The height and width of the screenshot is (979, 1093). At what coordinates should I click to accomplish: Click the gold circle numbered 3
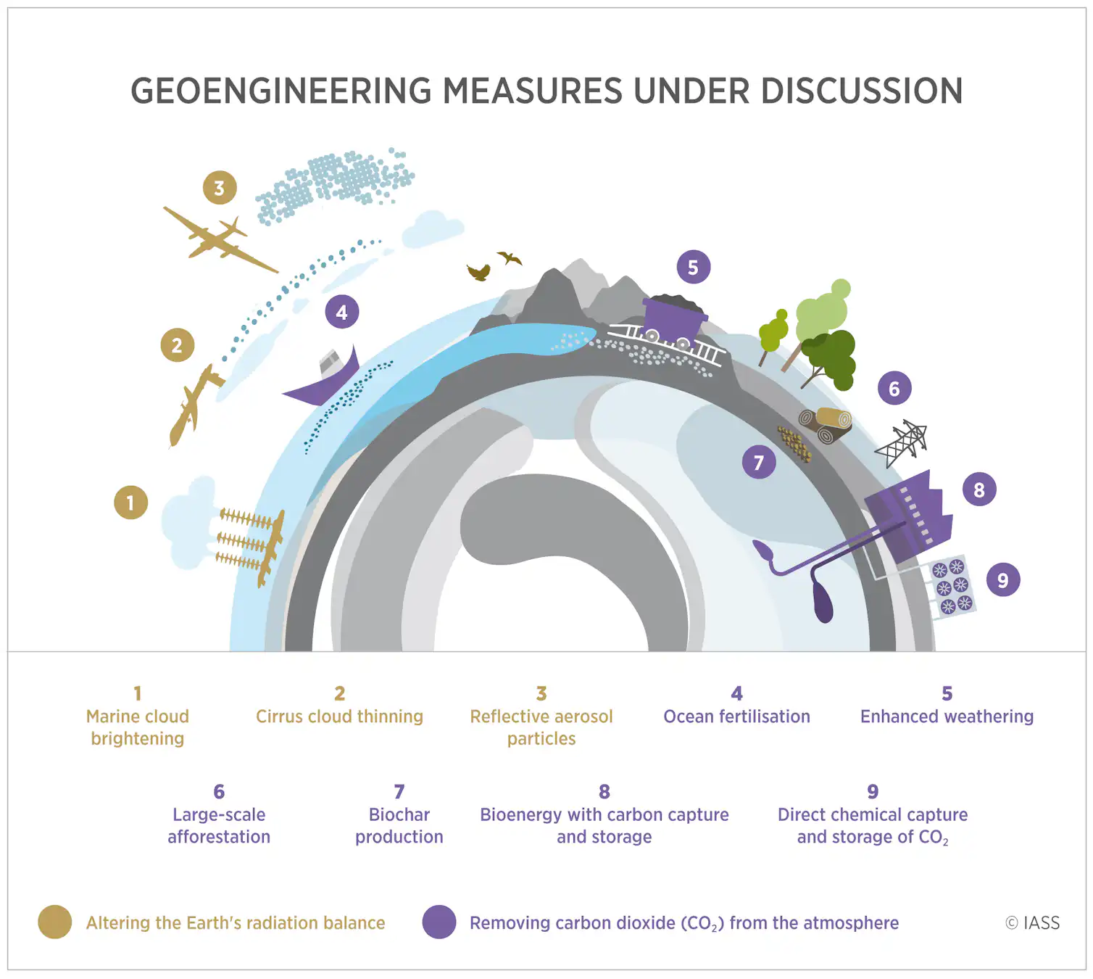pos(220,188)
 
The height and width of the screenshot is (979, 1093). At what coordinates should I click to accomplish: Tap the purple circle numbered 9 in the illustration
pos(1003,579)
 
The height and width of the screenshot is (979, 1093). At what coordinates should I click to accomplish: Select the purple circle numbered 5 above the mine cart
pos(693,268)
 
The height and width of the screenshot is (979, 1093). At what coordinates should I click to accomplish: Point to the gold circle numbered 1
pos(130,503)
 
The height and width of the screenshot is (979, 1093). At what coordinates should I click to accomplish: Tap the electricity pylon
pos(903,442)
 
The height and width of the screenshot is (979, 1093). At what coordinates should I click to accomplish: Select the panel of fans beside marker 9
pos(952,587)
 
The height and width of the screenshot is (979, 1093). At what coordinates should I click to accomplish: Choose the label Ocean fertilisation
pos(736,716)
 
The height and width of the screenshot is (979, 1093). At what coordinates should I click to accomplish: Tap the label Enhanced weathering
pos(947,716)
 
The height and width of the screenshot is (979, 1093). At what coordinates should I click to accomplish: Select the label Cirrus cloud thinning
pos(339,716)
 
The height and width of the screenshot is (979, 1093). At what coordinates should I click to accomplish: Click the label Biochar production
pos(399,825)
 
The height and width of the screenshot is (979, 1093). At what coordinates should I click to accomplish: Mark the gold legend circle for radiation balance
pos(55,922)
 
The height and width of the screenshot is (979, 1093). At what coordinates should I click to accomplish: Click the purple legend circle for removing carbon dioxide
pos(439,922)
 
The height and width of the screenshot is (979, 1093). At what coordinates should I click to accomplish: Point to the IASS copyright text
pos(1032,922)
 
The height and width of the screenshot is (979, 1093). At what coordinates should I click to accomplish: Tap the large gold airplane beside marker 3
pos(217,239)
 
